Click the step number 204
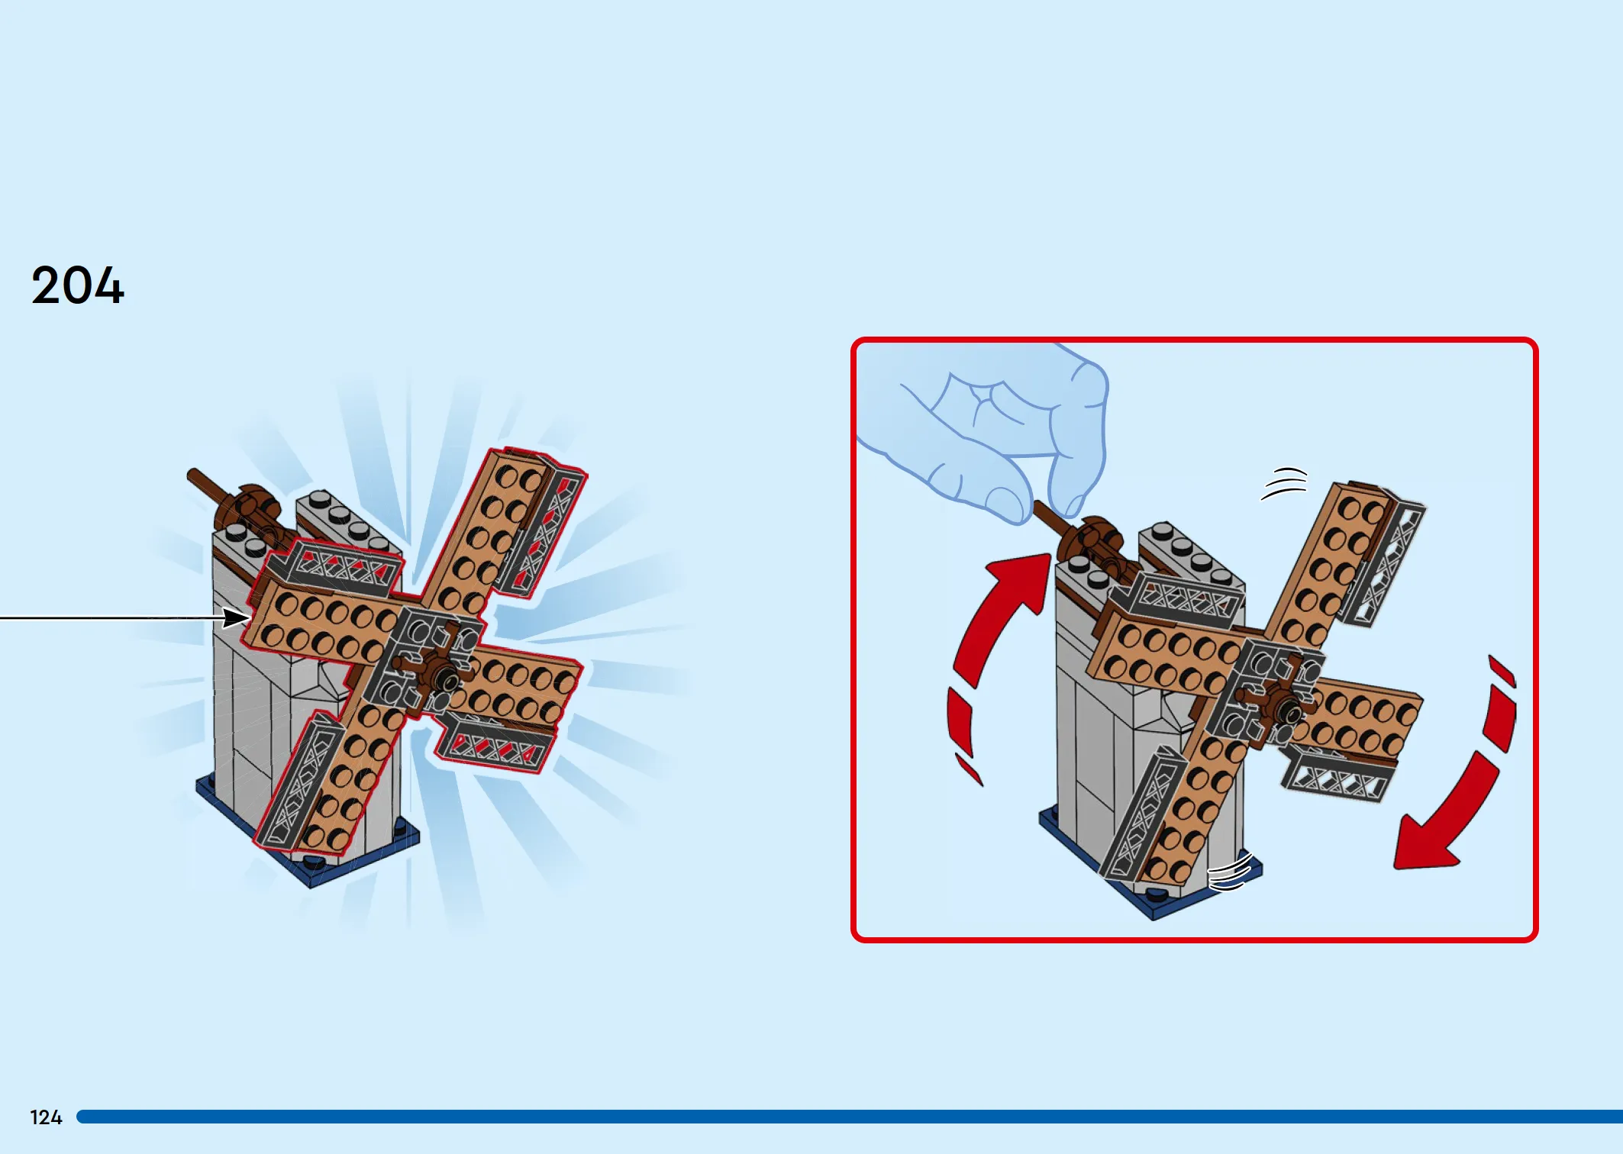click(77, 286)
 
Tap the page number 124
click(46, 1117)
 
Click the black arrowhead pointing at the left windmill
click(235, 617)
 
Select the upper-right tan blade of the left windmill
click(489, 534)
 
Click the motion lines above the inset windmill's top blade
click(1284, 483)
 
